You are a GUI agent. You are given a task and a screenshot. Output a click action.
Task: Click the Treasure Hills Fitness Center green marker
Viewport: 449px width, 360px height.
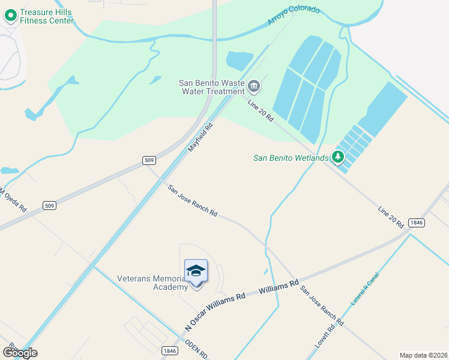pyautogui.click(x=10, y=15)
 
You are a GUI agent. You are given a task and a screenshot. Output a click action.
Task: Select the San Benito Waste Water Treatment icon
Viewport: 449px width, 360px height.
pyautogui.click(x=253, y=87)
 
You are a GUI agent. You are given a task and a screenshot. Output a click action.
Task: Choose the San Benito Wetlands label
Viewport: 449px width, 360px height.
pyautogui.click(x=291, y=158)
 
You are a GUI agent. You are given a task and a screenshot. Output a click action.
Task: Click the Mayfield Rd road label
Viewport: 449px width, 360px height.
pyautogui.click(x=201, y=137)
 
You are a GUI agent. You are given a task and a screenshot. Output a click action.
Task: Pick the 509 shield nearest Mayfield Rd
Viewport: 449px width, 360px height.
pyautogui.click(x=149, y=160)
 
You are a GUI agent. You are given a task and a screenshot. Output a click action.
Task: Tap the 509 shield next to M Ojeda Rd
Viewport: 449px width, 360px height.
pyautogui.click(x=50, y=206)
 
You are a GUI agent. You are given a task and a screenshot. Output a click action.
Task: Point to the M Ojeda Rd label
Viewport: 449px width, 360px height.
pyautogui.click(x=13, y=200)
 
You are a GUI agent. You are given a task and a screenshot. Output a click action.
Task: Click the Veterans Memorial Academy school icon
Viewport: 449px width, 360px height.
pyautogui.click(x=196, y=272)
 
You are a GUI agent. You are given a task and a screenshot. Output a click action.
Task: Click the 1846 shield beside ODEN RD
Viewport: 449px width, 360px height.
pyautogui.click(x=170, y=351)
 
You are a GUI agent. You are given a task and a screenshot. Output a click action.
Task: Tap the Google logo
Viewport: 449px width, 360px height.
pyautogui.click(x=20, y=352)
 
